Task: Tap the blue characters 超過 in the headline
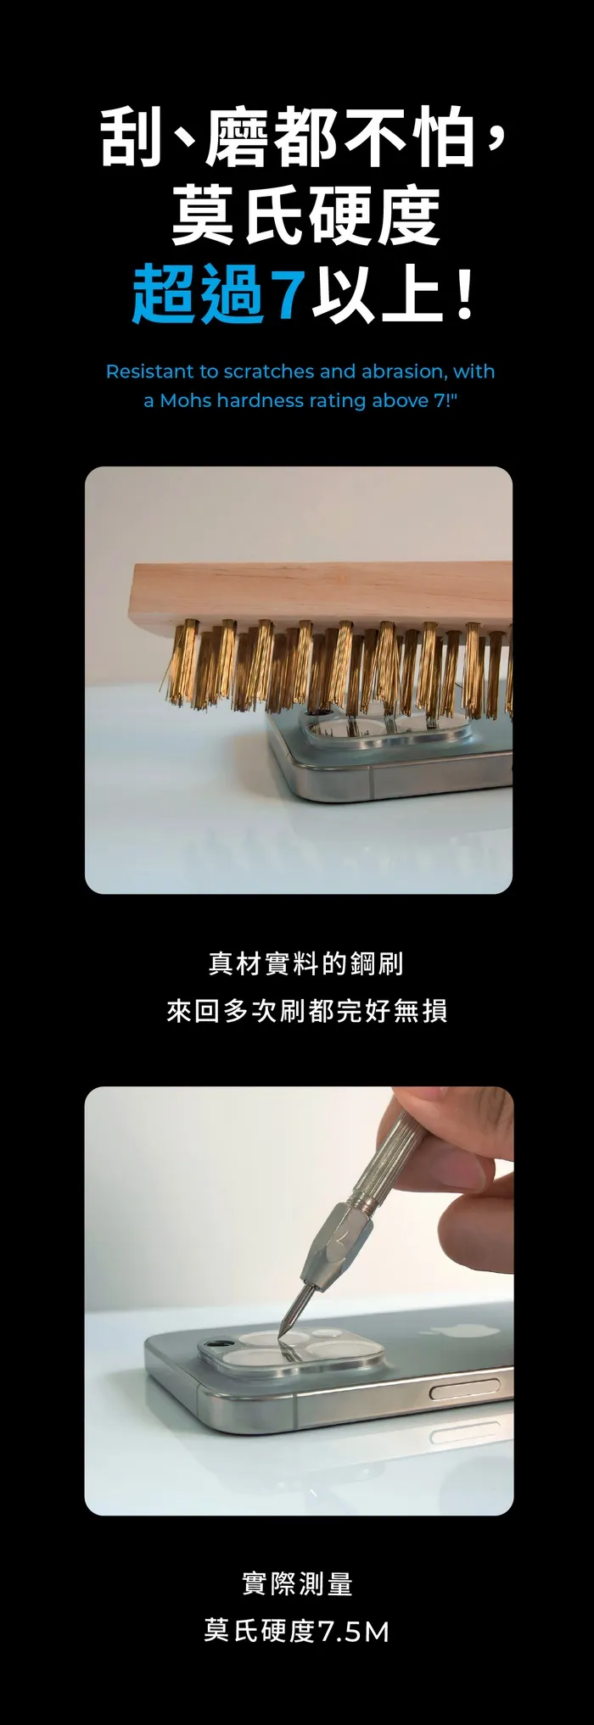click(x=199, y=294)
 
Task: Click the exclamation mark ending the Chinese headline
click(x=463, y=293)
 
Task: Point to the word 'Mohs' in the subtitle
click(x=185, y=400)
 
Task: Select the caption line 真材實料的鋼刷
click(x=306, y=963)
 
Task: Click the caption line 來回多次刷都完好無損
click(x=306, y=1011)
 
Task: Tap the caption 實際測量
click(x=297, y=1583)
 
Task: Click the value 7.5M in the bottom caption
click(x=354, y=1631)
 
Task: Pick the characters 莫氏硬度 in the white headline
click(x=305, y=215)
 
